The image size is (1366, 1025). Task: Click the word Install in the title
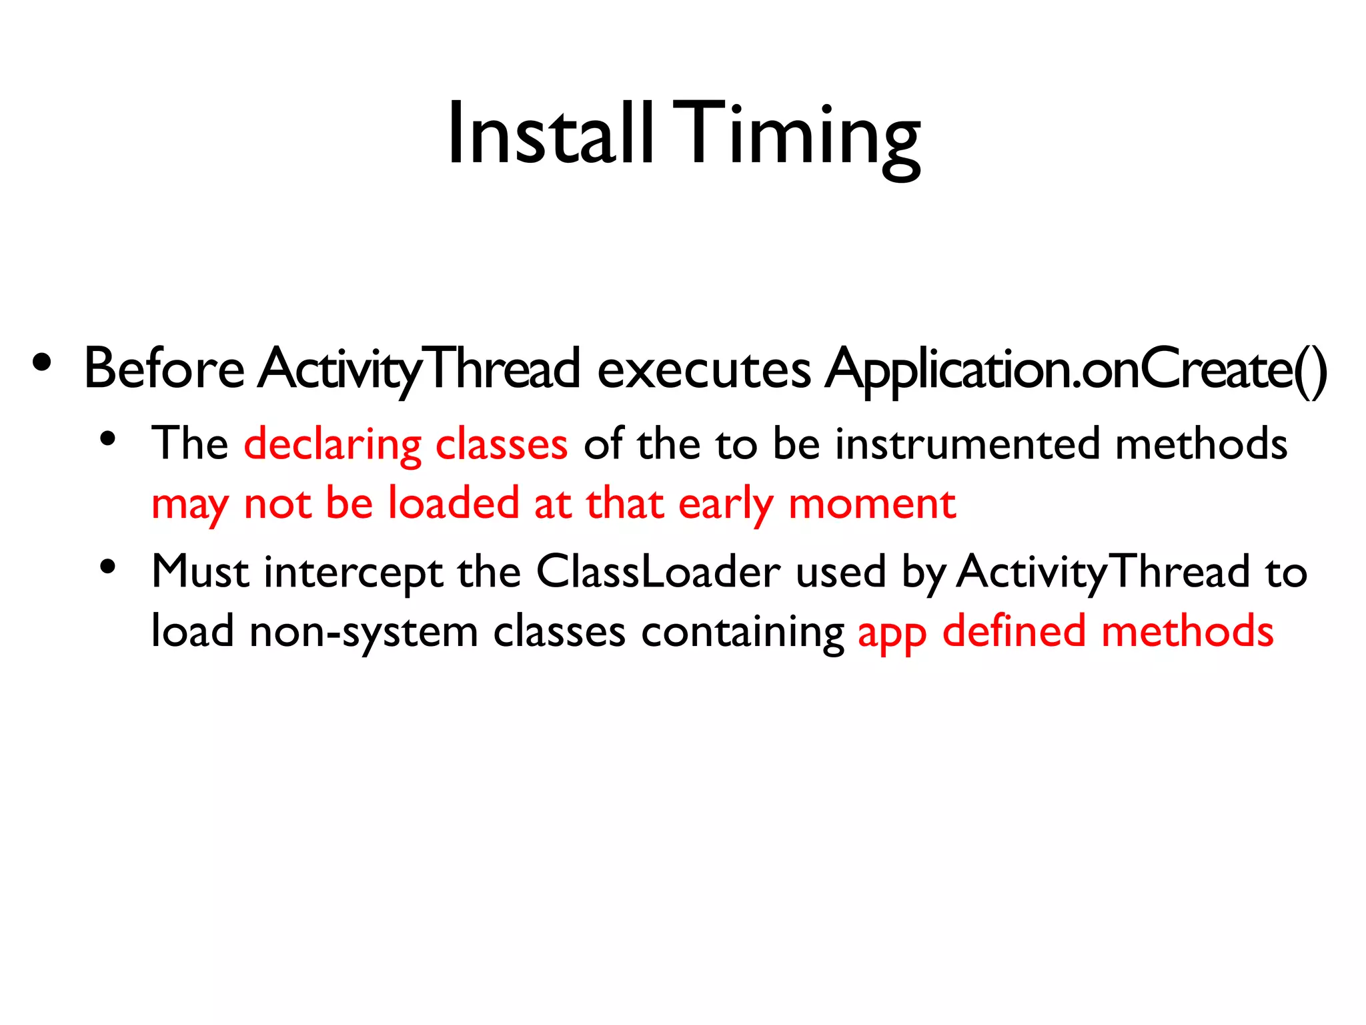point(550,133)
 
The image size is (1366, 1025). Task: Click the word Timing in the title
point(800,137)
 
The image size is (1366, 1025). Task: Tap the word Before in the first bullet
point(164,369)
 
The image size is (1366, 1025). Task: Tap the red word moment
point(872,504)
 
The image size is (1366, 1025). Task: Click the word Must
point(200,572)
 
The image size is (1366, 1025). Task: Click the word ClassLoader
point(658,572)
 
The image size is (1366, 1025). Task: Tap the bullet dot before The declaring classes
point(108,440)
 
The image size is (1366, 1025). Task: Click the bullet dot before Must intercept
point(108,568)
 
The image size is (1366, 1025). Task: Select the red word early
point(725,505)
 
